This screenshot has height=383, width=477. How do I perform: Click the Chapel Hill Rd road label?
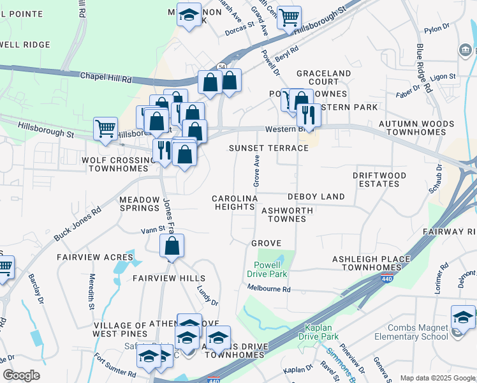(105, 77)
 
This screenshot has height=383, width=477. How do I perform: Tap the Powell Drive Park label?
(267, 269)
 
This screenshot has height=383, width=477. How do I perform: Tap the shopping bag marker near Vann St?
(172, 246)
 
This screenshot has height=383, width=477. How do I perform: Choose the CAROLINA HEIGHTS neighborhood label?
(234, 202)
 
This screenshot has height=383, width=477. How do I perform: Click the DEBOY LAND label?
(316, 197)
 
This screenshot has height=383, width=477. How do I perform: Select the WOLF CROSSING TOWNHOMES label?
(118, 164)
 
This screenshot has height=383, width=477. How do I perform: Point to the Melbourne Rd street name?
(269, 289)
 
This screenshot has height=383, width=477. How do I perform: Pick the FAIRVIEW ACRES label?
(94, 257)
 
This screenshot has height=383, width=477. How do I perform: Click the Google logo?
(22, 375)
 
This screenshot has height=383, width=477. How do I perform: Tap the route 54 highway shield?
(221, 66)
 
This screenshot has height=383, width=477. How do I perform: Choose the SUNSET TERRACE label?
(268, 148)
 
